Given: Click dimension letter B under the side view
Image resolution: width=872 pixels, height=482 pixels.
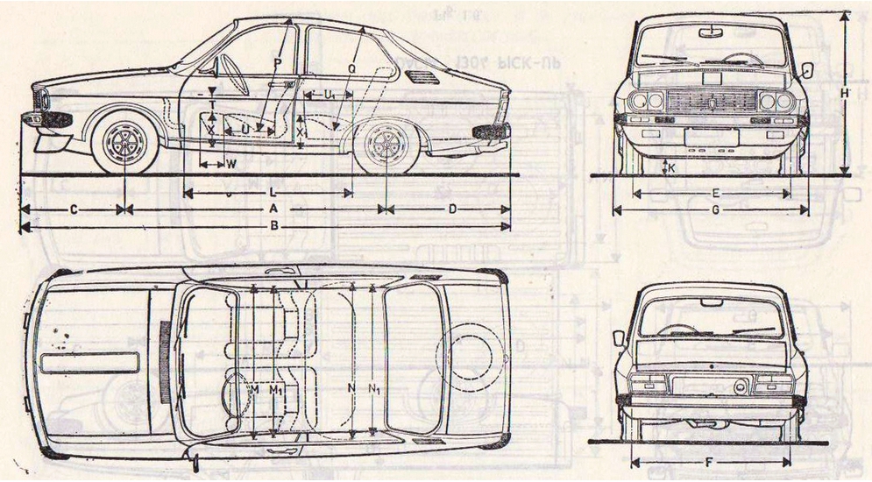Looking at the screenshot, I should coord(274,225).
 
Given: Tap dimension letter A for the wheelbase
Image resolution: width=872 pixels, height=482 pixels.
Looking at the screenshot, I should coord(273,209).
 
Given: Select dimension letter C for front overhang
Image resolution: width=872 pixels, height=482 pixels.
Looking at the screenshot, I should coord(74,209).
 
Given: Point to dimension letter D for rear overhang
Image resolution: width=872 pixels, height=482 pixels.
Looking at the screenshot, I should coord(452,209).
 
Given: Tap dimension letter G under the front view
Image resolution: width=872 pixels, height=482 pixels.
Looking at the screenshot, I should coord(715,209).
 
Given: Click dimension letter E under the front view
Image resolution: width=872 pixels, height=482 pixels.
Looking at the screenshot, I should coord(715,192).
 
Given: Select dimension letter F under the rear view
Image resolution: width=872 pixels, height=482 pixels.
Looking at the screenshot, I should coord(712,461).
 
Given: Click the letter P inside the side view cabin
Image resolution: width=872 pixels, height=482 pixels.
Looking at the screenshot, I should coord(276,63).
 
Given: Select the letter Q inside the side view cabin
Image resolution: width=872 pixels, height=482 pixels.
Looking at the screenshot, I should coord(351,67).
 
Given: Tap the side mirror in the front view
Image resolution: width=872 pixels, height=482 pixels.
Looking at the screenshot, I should coord(807,68).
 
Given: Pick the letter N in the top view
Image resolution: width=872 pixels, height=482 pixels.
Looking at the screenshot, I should coord(351,387).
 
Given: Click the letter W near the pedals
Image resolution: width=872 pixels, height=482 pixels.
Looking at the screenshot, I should coord(231,164).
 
